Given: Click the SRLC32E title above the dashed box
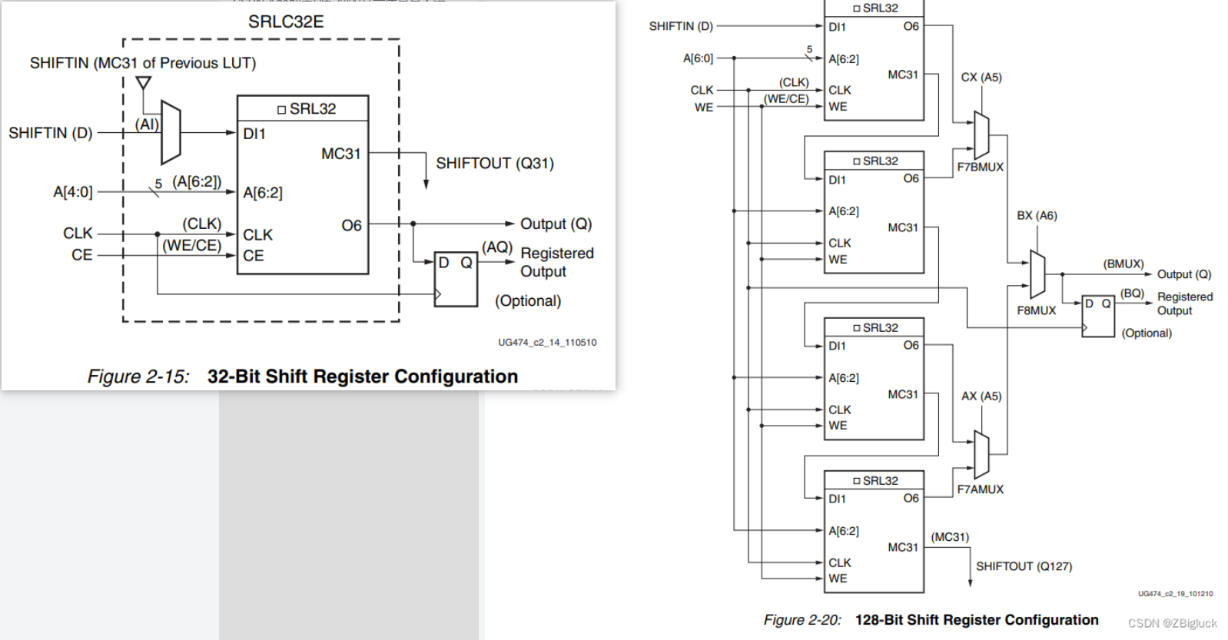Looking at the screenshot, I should (x=286, y=22).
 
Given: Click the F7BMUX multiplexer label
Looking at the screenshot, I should (x=980, y=167).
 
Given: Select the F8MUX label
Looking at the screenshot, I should (x=1036, y=310).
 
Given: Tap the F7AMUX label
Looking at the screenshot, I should (x=980, y=489).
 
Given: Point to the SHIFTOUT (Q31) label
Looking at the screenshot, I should (x=494, y=163).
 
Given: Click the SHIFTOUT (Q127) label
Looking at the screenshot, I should (x=1024, y=566).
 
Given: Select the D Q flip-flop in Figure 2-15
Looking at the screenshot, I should (x=456, y=279).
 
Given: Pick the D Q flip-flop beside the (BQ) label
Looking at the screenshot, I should (x=1097, y=316).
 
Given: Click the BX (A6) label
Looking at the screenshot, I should (x=1037, y=216).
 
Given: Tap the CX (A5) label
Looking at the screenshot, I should (x=981, y=78).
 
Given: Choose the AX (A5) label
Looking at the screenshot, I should (x=981, y=396).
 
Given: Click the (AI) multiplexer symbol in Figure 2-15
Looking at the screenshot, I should (x=171, y=132).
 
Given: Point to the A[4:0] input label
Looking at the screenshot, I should (x=73, y=192).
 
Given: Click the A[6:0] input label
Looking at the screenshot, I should (x=698, y=58).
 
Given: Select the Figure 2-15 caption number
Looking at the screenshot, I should (x=138, y=376).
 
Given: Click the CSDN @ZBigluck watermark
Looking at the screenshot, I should (x=1172, y=623).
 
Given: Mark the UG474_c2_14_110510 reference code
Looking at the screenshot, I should (x=546, y=343).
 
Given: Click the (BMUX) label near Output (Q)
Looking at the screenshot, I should (x=1123, y=264).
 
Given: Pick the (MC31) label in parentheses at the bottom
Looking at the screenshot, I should (x=950, y=537).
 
